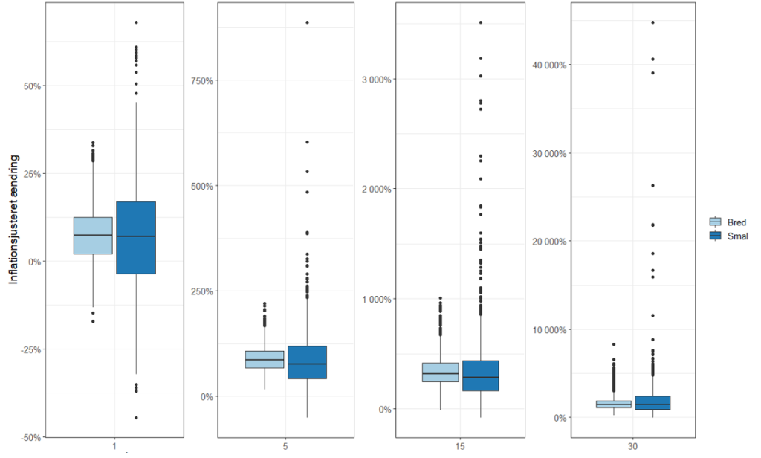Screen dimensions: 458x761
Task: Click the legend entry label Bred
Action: coord(736,222)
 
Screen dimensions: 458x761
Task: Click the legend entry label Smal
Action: coord(737,236)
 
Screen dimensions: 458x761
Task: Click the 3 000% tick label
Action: coord(376,80)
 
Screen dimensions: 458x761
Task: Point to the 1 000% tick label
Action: coord(376,299)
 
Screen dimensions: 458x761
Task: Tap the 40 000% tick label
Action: coord(550,65)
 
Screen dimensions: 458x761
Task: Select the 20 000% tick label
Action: coord(550,241)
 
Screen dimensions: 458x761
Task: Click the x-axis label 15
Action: coord(461,446)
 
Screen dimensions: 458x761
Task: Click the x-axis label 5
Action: coord(286,446)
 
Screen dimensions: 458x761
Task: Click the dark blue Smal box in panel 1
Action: coord(136,238)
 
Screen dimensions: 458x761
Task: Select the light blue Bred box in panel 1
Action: coord(93,236)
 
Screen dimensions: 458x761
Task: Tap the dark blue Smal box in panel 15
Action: coord(481,375)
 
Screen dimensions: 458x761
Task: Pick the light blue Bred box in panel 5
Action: coord(265,359)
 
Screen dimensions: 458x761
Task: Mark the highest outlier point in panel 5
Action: coord(307,22)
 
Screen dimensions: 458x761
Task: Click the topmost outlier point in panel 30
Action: coord(653,22)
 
